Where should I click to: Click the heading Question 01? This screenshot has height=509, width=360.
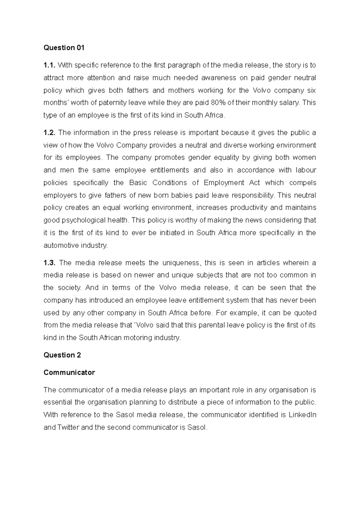coord(64,48)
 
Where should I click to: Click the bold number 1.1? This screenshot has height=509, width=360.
coord(49,65)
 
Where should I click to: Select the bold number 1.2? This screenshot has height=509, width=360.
coord(49,132)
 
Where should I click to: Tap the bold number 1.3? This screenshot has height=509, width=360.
coord(49,263)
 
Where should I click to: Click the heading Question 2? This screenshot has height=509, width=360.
coord(62,355)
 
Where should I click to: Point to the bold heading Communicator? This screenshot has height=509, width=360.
coord(69,372)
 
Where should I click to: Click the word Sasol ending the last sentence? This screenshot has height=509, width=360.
coord(196,427)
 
